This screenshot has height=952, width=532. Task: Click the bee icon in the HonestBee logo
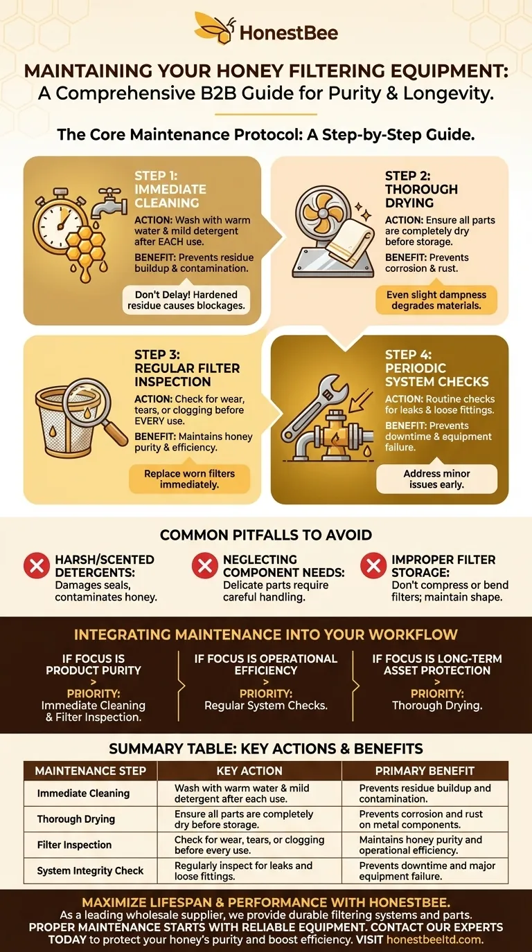point(214,28)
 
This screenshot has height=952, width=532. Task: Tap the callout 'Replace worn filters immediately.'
point(189,479)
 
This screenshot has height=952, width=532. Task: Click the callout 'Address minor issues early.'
point(436,479)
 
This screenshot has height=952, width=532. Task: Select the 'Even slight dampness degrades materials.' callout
point(436,300)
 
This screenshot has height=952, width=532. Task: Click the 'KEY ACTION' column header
point(249,771)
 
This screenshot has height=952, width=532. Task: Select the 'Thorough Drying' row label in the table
point(76,819)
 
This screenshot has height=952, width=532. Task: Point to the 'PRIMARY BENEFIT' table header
point(425,771)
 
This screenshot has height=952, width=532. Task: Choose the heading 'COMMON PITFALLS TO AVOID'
point(266,535)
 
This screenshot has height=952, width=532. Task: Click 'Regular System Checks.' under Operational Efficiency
point(266,706)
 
